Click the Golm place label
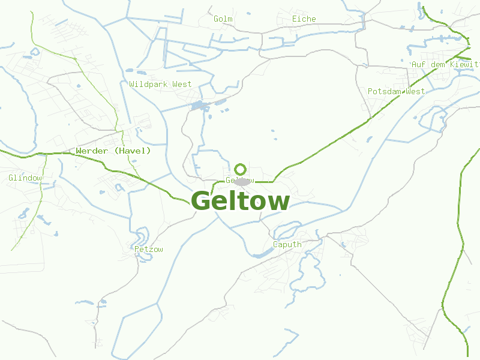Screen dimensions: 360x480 coord(223,19)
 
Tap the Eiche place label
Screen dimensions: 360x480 coord(304,19)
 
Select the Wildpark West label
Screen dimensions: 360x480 coord(160,85)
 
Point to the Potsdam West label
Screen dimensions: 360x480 coord(396,92)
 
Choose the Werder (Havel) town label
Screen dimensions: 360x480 coord(113,151)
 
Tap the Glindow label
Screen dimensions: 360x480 coord(25,178)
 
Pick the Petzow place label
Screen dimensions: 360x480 coord(149,250)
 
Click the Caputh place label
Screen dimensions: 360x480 coord(287,245)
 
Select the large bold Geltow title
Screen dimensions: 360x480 coord(240,201)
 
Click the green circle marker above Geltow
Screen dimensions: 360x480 coord(241,169)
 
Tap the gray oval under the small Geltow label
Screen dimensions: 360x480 coord(242,181)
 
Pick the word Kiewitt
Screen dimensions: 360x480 coord(463,64)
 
